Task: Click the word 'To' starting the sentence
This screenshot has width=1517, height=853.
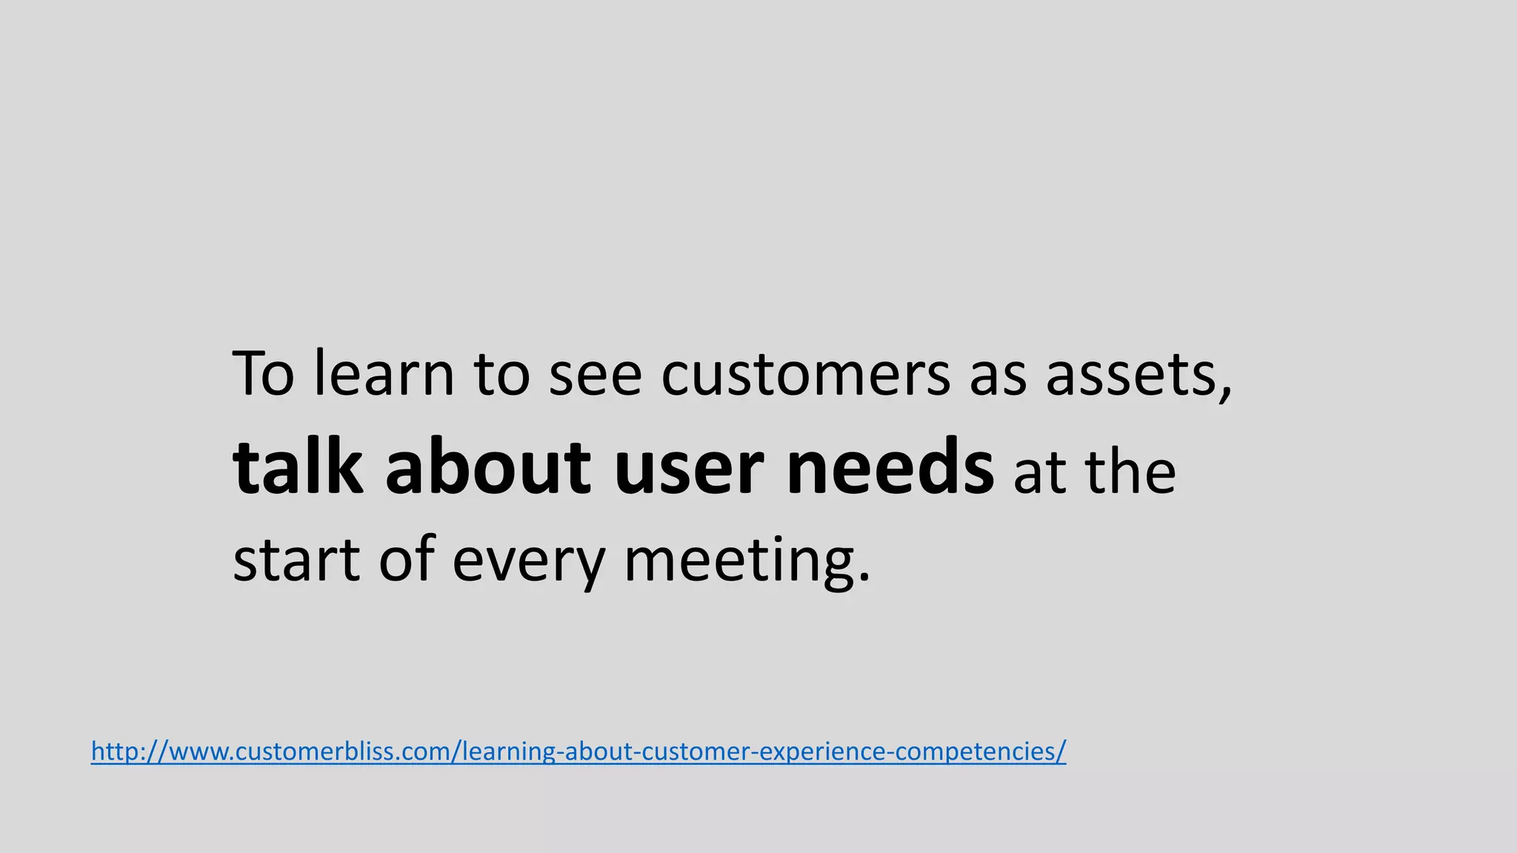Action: (263, 374)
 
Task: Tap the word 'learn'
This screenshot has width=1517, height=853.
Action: (384, 374)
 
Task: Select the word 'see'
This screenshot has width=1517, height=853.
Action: (595, 375)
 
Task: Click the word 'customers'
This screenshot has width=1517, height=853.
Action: (805, 375)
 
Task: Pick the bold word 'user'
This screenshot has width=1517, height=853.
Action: (689, 471)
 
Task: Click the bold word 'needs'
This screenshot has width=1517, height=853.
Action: (890, 467)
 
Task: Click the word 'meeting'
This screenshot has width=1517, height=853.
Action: (738, 563)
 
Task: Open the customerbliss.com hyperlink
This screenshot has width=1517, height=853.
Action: (578, 752)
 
